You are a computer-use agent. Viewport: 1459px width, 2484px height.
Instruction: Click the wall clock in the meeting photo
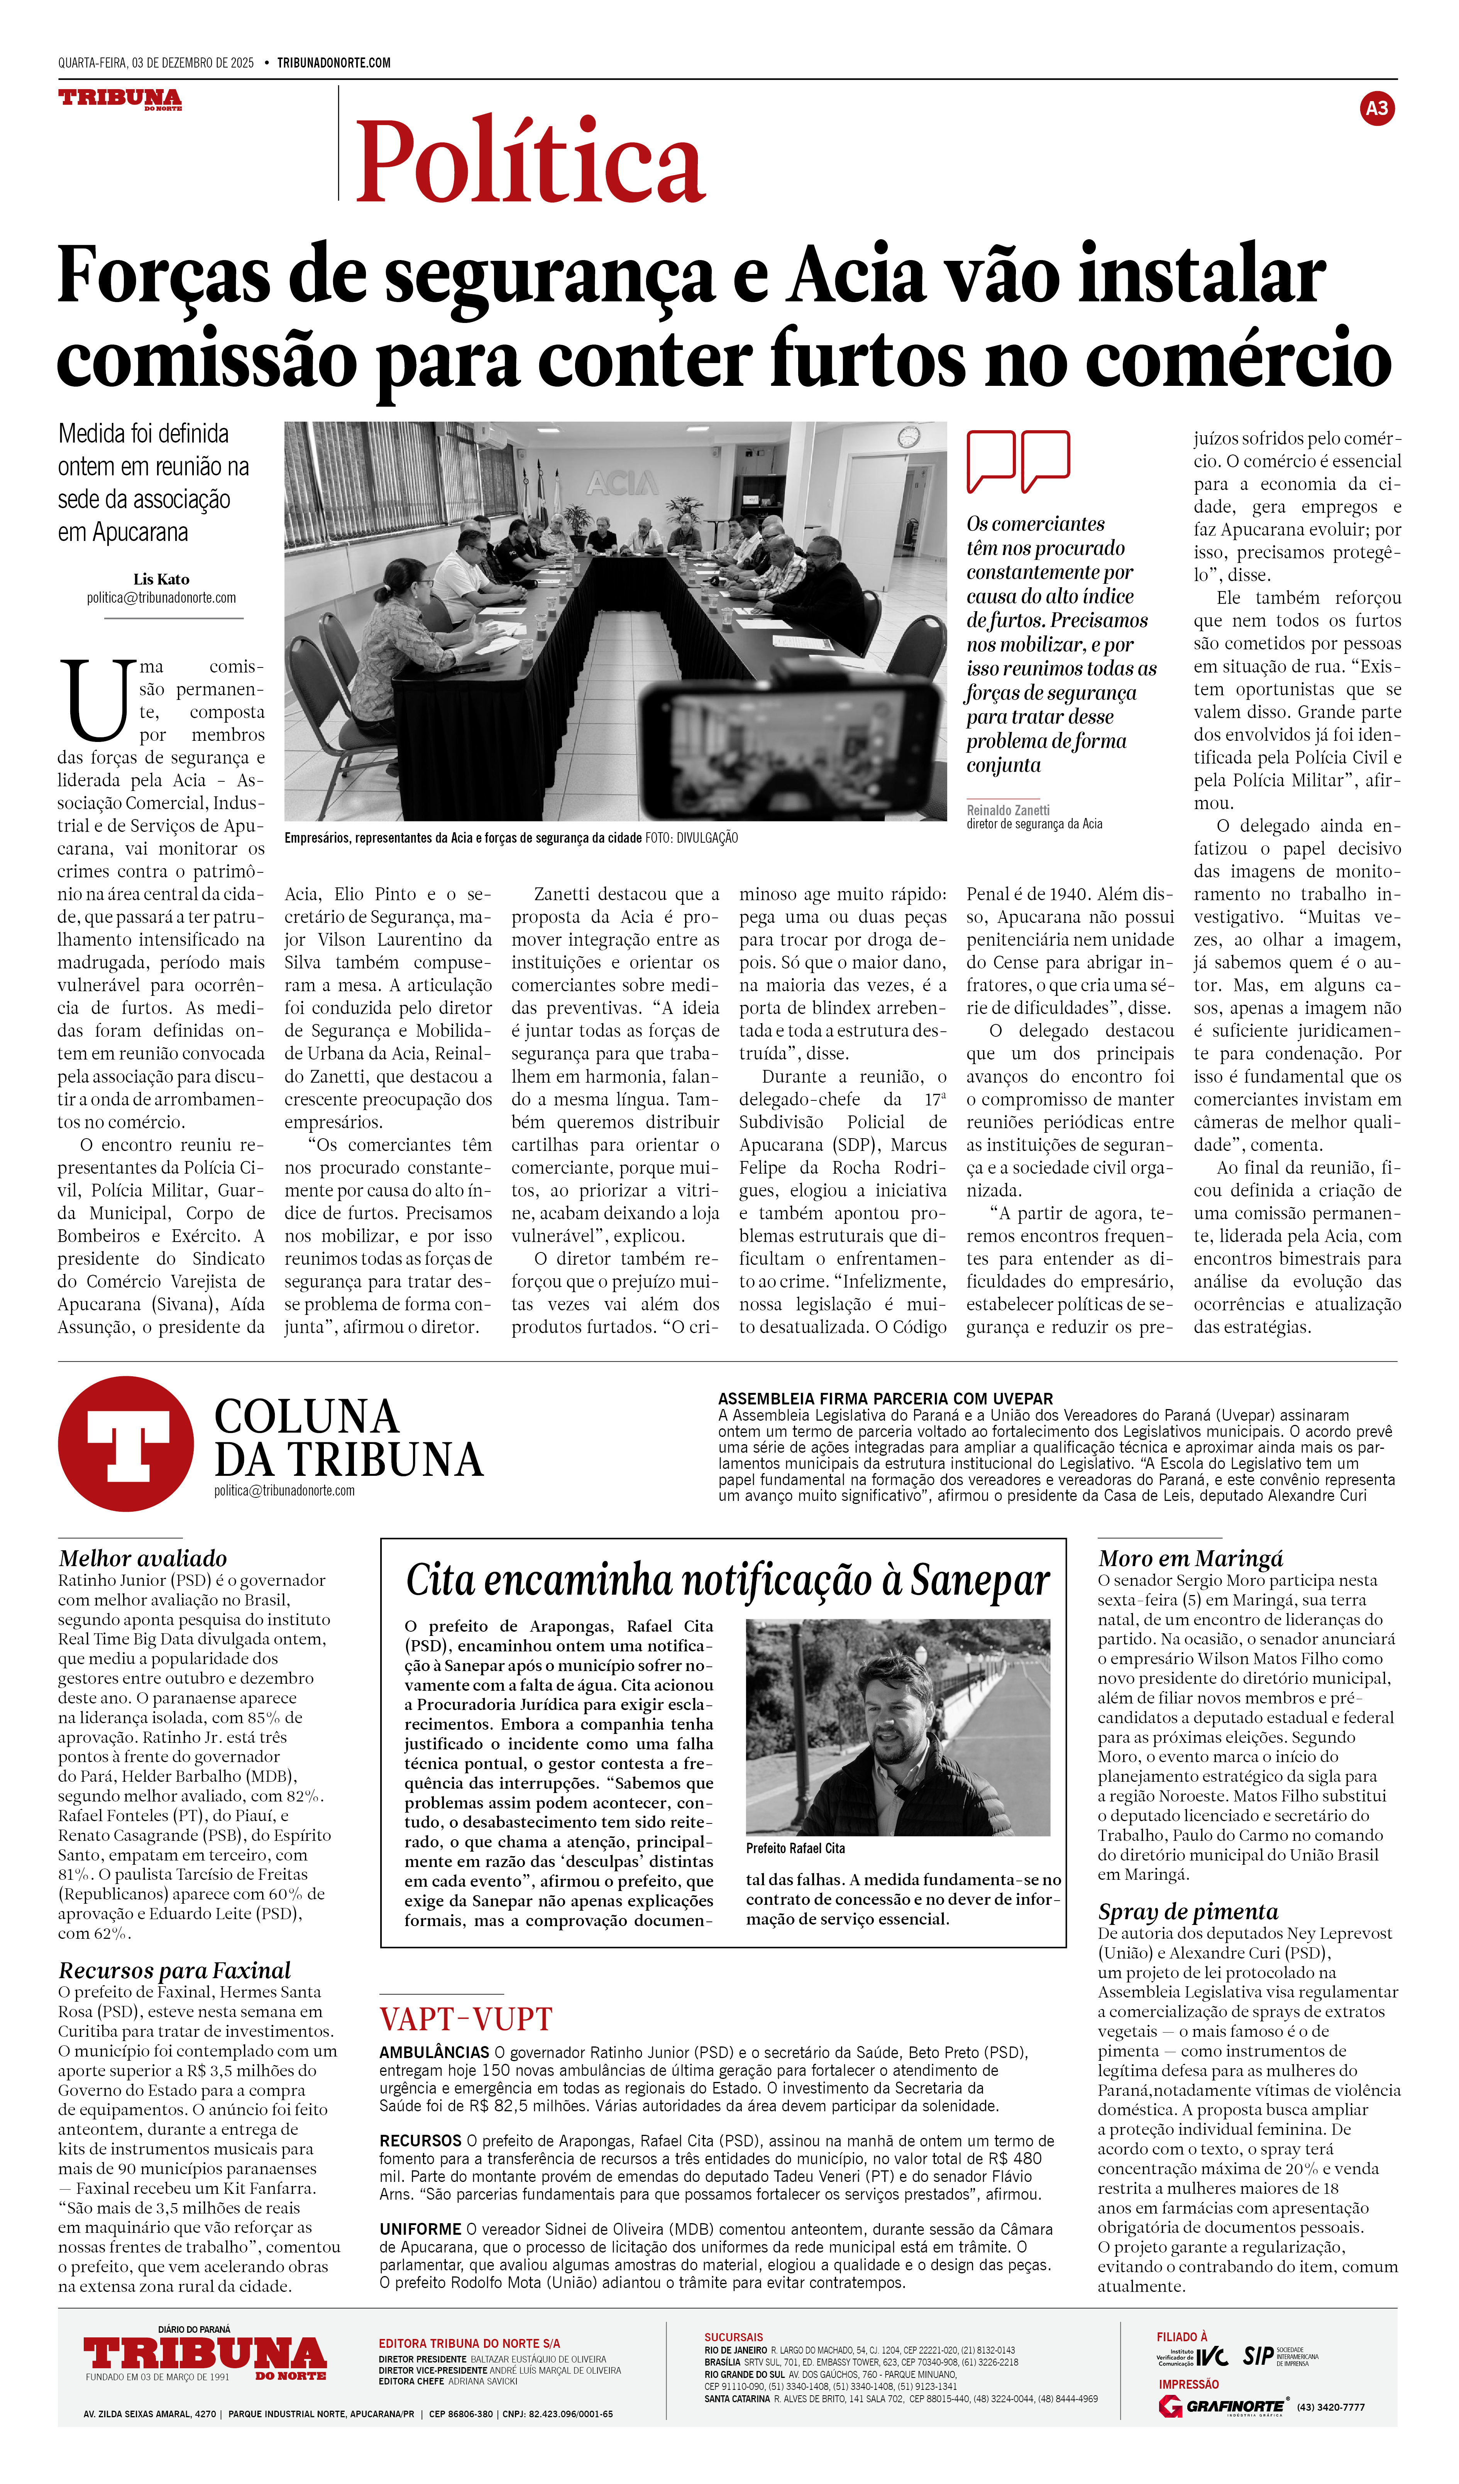(x=908, y=437)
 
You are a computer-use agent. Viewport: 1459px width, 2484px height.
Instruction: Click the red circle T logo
(x=126, y=1444)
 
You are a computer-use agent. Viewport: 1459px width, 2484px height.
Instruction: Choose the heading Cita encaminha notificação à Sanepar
(x=728, y=1579)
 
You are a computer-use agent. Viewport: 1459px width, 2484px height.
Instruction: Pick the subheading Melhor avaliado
(x=143, y=1558)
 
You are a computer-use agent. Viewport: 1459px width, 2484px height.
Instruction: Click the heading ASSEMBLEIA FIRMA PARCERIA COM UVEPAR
(x=885, y=1399)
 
